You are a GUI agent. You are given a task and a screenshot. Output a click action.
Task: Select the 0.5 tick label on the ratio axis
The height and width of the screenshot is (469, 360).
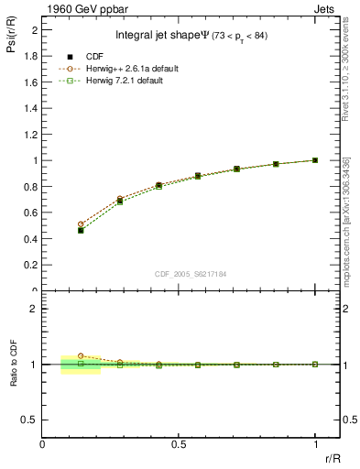click(x=31, y=419)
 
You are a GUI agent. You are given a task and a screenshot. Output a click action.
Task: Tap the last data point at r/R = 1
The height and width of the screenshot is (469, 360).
click(x=315, y=160)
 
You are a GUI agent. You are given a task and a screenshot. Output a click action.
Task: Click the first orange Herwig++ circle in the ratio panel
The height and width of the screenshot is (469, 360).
click(x=81, y=355)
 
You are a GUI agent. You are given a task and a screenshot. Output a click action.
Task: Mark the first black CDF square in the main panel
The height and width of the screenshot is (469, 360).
click(x=81, y=230)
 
